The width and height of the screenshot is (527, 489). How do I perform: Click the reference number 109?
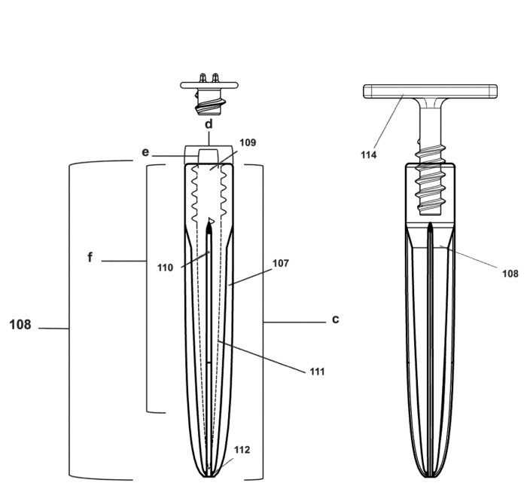[x=248, y=142]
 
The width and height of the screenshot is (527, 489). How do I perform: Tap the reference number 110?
[x=165, y=267]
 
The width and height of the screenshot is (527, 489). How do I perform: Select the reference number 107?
[x=281, y=263]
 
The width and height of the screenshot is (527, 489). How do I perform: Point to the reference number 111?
[x=317, y=371]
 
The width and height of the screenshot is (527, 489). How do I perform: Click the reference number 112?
[x=242, y=450]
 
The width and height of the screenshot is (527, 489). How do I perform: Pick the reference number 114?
[x=369, y=154]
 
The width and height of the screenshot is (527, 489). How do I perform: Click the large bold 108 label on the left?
[x=20, y=325]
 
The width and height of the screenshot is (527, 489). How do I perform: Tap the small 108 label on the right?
[x=510, y=274]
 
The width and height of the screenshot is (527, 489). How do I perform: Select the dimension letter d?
[x=209, y=124]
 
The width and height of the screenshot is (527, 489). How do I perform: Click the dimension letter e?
[x=145, y=152]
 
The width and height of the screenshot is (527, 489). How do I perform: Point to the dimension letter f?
[x=90, y=257]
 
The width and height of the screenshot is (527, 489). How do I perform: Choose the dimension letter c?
[x=336, y=319]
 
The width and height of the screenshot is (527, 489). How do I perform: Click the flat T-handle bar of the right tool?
[x=430, y=91]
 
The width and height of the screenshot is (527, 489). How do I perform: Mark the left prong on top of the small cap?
[x=203, y=78]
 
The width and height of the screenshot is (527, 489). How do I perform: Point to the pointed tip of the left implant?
[x=209, y=475]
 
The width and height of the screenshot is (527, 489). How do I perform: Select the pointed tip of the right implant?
[x=430, y=475]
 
